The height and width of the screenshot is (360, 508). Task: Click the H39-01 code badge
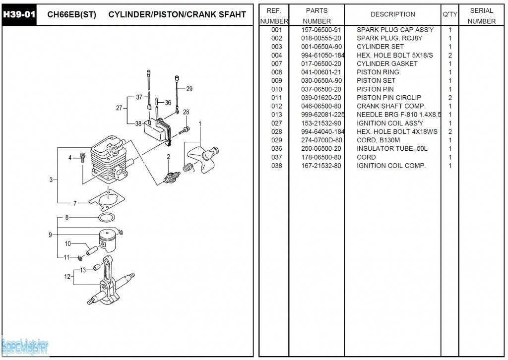pos(19,14)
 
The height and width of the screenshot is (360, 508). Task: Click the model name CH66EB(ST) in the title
pos(71,15)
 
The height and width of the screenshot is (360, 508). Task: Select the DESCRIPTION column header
pos(392,14)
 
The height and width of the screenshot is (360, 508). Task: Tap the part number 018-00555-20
pos(321,38)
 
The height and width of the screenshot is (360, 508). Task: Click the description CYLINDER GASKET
pos(387,63)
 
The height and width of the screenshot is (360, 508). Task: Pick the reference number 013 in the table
pos(276,115)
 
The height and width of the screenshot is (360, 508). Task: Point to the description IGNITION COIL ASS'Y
pos(390,123)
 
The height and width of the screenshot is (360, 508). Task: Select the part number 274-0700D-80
pos(321,140)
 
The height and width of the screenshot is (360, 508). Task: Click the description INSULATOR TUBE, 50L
pos(392,148)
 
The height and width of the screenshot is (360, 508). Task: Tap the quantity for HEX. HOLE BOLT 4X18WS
pos(450,131)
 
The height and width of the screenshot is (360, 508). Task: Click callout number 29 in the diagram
pos(189,89)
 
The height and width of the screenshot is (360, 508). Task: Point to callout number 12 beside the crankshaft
pos(67,277)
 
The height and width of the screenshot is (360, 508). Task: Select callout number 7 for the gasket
pos(75,203)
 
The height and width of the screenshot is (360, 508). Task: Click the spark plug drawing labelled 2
pos(172,177)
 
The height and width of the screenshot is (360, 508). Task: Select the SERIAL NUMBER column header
pos(481,15)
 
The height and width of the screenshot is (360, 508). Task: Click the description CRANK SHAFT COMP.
pos(391,106)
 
